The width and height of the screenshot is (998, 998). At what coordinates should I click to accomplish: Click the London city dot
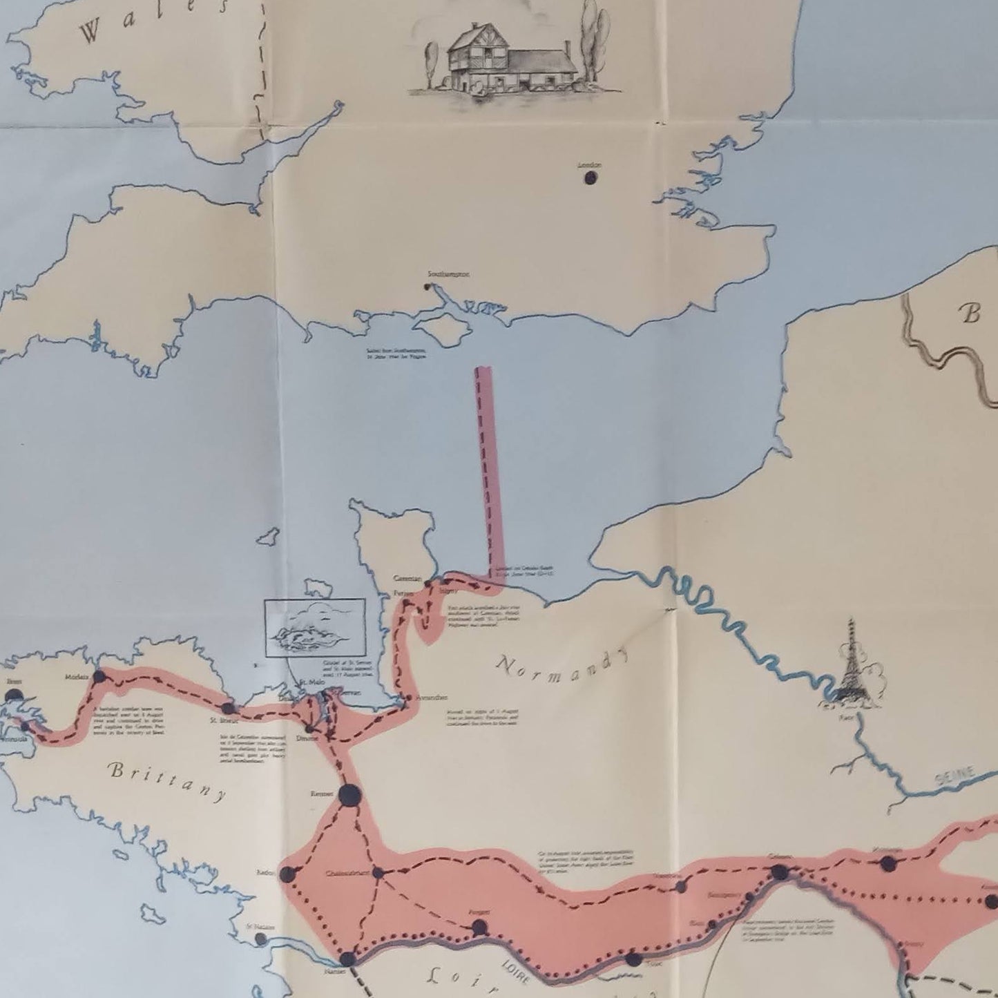point(591,177)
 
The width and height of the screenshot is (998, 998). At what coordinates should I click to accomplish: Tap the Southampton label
point(449,274)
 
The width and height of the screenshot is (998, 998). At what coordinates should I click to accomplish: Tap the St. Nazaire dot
point(260,939)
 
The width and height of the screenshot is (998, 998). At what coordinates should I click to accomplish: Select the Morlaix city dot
point(99,677)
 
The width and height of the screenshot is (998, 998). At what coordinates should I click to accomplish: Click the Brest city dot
point(15,696)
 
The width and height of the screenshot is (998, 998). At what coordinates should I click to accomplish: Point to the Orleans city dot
point(779,872)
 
